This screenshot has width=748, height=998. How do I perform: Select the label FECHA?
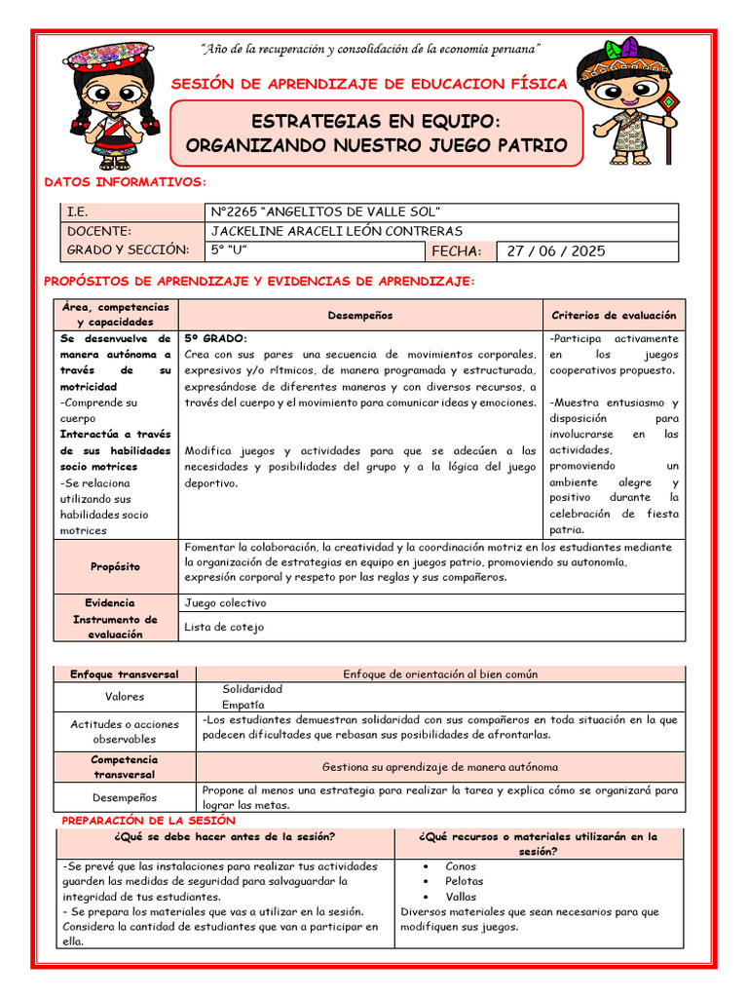pyautogui.click(x=457, y=251)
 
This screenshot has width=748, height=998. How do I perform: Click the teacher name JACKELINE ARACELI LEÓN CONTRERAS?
pyautogui.click(x=336, y=231)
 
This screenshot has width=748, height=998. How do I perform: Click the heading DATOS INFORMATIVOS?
pyautogui.click(x=126, y=182)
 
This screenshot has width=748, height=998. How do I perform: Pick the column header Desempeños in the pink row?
pyautogui.click(x=360, y=315)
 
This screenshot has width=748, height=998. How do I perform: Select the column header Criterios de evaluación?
pyautogui.click(x=614, y=315)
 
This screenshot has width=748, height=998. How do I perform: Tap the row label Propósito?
pyautogui.click(x=115, y=566)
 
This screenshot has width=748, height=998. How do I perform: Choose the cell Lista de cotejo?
pyautogui.click(x=224, y=627)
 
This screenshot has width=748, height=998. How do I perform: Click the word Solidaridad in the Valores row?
pyautogui.click(x=252, y=689)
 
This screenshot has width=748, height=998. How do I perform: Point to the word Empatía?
pyautogui.click(x=243, y=704)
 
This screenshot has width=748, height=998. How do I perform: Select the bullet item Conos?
pyautogui.click(x=461, y=865)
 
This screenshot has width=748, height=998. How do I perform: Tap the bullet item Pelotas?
pyautogui.click(x=465, y=881)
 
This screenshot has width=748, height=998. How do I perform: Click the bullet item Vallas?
pyautogui.click(x=462, y=897)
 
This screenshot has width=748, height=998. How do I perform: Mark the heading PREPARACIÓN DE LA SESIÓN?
pyautogui.click(x=148, y=822)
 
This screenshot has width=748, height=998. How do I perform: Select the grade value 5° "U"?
pyautogui.click(x=230, y=250)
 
